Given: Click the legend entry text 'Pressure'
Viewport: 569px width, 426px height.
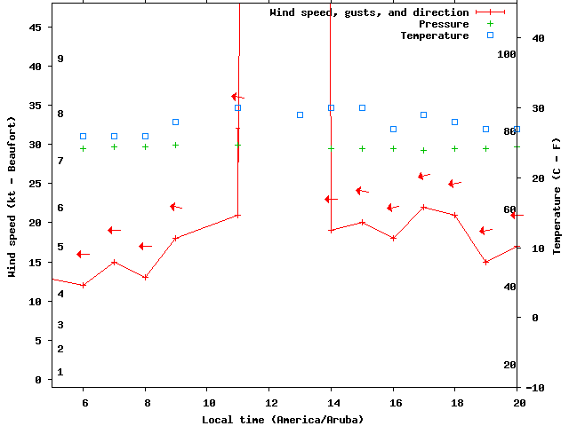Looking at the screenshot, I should [x=445, y=24].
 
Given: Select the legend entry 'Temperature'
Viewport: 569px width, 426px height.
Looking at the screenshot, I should [x=434, y=35].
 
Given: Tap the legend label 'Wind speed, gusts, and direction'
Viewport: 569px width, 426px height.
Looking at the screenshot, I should [x=369, y=12].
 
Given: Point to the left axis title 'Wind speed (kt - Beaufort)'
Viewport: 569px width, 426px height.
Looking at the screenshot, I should [x=12, y=196].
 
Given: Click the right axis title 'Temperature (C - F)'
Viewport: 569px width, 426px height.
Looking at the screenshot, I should [x=557, y=196].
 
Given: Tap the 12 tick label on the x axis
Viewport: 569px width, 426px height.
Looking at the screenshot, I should [x=269, y=402].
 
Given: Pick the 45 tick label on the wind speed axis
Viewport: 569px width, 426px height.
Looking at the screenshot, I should [x=36, y=28].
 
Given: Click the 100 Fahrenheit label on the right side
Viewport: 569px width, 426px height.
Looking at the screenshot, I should [x=507, y=54].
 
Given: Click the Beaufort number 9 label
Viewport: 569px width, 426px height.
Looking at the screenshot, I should [x=60, y=59].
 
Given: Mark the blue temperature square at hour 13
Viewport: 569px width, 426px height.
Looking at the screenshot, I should [x=300, y=114].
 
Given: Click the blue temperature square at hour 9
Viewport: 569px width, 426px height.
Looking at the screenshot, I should [x=176, y=122].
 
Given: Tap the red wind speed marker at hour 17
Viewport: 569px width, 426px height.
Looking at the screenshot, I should [x=424, y=207].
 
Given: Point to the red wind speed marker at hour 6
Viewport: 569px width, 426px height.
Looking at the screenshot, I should [x=84, y=285].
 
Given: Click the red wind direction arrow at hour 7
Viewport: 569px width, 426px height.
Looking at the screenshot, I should [x=114, y=230].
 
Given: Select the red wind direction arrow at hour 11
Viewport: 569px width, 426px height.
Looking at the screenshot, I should [x=237, y=97].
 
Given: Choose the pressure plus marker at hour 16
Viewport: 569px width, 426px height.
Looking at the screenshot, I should [x=393, y=148].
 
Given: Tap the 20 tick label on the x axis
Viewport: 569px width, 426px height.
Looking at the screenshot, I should [x=520, y=402].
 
